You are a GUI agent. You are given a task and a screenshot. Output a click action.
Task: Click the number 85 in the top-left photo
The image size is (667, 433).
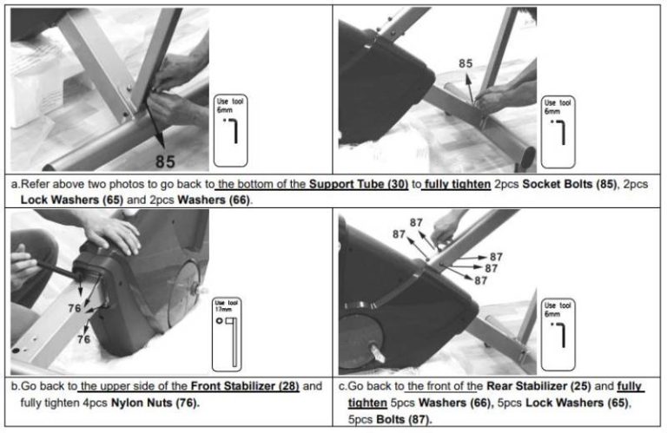[x=165, y=161]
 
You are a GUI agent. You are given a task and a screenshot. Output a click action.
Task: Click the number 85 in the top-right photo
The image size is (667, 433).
[x=466, y=63]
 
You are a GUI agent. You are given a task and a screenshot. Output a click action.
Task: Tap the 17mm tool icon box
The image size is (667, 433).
[x=227, y=334]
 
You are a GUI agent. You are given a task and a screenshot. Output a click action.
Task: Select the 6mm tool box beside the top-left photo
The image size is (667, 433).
[x=230, y=130]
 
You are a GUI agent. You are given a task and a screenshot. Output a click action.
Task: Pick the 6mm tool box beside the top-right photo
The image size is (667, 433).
[x=558, y=132]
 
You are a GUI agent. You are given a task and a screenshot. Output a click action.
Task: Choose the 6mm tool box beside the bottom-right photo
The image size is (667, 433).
[x=558, y=335]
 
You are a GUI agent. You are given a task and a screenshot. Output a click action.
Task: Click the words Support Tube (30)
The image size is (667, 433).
[x=359, y=184]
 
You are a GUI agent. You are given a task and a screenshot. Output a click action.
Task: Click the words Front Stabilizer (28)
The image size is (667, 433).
[x=245, y=386]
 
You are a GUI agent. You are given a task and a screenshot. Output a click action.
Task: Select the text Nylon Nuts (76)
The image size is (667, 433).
[x=155, y=403]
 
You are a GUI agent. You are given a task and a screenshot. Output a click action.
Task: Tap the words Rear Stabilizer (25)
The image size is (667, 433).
[x=538, y=386]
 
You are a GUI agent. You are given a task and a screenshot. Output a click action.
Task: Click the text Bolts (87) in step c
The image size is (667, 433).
[x=404, y=419]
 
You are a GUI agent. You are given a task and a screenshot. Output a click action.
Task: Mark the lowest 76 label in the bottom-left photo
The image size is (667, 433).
[x=83, y=339]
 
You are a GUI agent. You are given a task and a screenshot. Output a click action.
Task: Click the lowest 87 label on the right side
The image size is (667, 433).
[x=480, y=280]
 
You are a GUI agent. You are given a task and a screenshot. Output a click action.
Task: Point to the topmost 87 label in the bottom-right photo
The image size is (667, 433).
[x=416, y=223]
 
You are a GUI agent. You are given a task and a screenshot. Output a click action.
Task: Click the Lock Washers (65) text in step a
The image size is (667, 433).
[x=72, y=200]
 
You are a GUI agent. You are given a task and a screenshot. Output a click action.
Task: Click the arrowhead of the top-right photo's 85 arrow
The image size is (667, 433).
[x=468, y=78]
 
